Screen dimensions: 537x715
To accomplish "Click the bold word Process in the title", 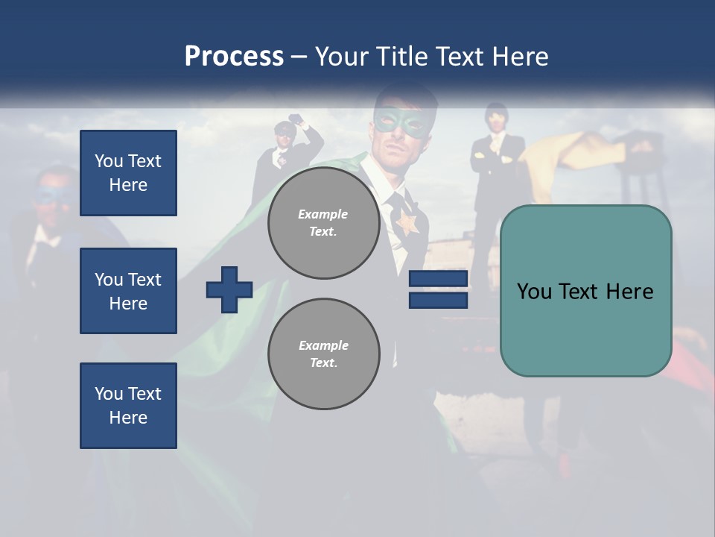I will (234, 56).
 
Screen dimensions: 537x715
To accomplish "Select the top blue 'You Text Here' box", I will (128, 173).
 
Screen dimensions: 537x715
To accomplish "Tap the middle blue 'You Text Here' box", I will (128, 291).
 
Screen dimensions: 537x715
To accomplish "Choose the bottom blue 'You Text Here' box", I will (128, 406).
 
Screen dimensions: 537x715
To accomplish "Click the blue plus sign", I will (229, 289).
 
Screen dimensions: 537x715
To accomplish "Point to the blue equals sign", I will (438, 289).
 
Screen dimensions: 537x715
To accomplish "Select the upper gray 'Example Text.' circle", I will (323, 223).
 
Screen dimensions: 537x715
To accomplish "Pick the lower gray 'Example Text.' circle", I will (323, 354).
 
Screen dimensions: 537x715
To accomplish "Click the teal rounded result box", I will (585, 291).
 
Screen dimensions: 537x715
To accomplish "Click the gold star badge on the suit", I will (407, 222).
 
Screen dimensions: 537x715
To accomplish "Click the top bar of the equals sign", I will (438, 279).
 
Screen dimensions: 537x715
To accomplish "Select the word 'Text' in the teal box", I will (585, 291).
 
